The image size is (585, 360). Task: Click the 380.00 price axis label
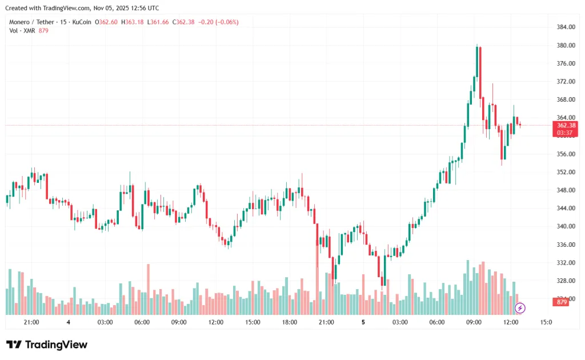tap(566, 46)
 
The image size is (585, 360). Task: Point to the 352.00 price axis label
tap(566, 172)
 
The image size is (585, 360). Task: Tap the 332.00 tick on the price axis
tap(566, 263)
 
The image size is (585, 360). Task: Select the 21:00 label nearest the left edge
tap(31, 322)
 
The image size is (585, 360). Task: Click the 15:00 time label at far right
tap(546, 322)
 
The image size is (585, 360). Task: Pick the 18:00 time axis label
tap(290, 322)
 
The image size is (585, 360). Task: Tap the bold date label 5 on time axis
tap(363, 322)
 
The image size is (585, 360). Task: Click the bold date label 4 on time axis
tap(68, 322)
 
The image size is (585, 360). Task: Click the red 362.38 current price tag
tap(566, 125)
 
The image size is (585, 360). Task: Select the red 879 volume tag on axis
tap(562, 302)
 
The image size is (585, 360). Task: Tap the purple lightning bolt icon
tap(520, 308)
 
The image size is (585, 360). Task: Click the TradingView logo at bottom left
tap(47, 345)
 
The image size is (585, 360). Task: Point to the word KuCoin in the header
tap(82, 22)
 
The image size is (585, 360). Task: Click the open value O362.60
tap(106, 22)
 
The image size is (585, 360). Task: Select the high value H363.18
tap(132, 22)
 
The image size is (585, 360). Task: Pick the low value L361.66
tap(158, 22)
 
